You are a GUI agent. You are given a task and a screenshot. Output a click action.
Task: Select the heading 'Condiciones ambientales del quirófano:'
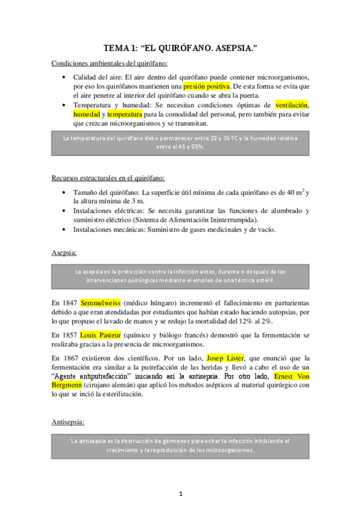click(x=110, y=63)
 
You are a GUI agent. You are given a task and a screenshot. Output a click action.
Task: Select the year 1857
click(x=70, y=334)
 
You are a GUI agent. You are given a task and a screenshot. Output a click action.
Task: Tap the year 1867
click(x=70, y=358)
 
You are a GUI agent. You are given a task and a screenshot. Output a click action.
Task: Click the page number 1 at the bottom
click(x=180, y=495)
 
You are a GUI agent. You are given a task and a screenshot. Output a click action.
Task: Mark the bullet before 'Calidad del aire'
click(x=65, y=78)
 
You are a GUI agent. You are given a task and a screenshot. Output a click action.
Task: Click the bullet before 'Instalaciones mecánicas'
click(x=65, y=230)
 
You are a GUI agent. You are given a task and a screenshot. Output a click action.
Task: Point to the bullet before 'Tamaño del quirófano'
click(x=65, y=192)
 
